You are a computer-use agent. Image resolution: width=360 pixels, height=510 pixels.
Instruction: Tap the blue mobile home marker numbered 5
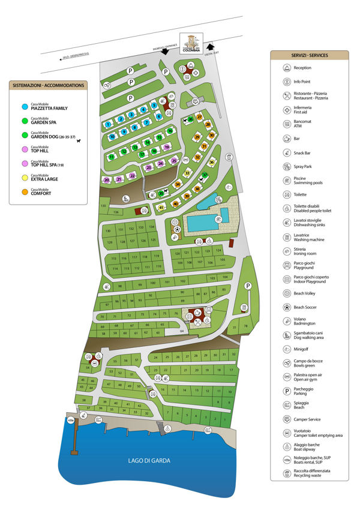point(154,106)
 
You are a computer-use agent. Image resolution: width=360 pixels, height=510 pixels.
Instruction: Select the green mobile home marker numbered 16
point(170,131)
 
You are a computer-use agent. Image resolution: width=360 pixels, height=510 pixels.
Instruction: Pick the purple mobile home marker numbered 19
point(167,147)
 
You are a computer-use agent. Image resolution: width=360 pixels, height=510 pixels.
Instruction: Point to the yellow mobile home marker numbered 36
point(212,163)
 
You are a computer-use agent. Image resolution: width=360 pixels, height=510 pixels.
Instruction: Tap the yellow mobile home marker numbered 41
point(161,208)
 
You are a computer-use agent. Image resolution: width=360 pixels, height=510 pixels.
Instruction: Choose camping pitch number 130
point(109,231)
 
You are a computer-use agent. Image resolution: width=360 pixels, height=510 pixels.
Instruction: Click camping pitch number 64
point(182,331)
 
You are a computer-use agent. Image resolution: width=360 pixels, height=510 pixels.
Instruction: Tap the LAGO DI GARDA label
point(149,460)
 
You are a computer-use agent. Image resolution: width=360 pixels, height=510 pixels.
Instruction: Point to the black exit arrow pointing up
point(210,46)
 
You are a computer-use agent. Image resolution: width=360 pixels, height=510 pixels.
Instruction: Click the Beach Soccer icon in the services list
point(286,307)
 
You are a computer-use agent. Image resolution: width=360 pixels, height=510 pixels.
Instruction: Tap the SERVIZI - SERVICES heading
point(309,55)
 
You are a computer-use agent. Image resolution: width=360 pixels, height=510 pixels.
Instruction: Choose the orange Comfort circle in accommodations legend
point(23,193)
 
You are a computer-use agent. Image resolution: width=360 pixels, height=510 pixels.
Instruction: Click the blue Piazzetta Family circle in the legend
point(23,106)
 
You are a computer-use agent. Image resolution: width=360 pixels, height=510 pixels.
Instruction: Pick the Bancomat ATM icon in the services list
point(286,124)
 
